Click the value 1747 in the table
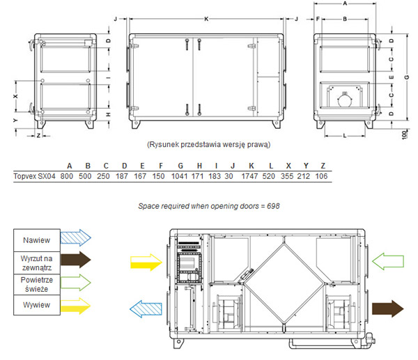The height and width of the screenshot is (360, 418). (249, 176)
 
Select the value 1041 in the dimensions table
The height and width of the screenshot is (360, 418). (180, 176)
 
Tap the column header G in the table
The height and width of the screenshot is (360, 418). (180, 166)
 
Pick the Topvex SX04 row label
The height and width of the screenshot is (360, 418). (34, 176)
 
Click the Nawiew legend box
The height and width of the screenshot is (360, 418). (37, 240)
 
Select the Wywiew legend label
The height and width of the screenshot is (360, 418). (36, 305)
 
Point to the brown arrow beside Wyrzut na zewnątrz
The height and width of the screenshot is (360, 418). (76, 260)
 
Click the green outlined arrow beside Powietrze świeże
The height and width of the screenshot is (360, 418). (76, 282)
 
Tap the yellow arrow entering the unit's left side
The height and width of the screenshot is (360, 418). (146, 263)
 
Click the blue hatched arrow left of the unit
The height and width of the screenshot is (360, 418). (146, 309)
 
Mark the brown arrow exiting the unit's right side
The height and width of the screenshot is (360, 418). (388, 308)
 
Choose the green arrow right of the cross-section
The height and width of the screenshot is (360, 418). (388, 261)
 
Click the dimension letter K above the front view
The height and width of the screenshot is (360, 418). (206, 19)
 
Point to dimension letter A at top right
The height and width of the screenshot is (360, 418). (345, 3)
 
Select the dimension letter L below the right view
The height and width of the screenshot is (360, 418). (345, 136)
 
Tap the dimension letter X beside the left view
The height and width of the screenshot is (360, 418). (16, 96)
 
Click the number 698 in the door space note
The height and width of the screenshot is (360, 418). (273, 206)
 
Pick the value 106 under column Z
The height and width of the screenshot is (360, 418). (321, 176)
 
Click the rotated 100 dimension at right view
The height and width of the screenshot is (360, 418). (404, 134)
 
